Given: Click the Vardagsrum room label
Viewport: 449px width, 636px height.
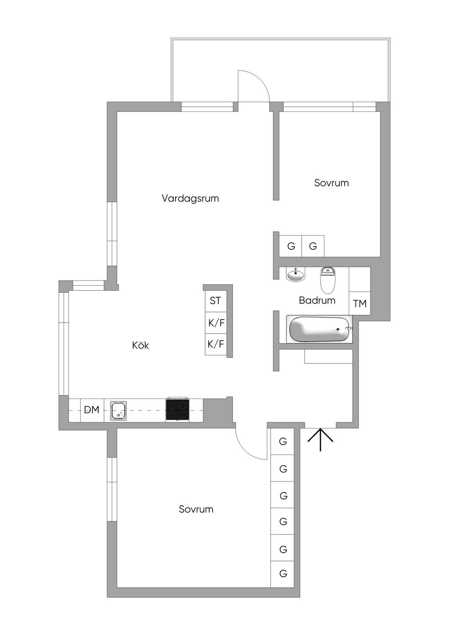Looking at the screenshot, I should coord(190,198).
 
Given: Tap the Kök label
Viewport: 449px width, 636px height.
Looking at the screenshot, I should coord(140,345).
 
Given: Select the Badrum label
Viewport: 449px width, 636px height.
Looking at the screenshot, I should coord(317,301).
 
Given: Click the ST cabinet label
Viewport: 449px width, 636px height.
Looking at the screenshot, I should coord(215,301).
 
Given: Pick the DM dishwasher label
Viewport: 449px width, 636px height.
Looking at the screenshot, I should coord(92,410).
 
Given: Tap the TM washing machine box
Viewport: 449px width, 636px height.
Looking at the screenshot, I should coord(360,303).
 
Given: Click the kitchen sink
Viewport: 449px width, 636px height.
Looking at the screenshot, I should coord(118,411).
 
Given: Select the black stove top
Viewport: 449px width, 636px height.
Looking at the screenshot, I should coord(178,410).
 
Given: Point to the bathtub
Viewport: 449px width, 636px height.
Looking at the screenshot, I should coord(320,329).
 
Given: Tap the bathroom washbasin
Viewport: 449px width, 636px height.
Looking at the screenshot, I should coord(296,275).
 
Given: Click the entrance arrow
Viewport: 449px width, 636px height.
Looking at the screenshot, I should coord(321,439).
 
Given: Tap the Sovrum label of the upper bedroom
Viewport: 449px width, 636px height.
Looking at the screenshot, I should coord(331,183).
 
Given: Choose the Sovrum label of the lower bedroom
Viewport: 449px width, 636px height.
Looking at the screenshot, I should coord(196,509).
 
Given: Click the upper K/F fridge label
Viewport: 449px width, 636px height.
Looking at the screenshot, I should coord(216,323).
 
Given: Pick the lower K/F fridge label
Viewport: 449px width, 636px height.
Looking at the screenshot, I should coord(216,344).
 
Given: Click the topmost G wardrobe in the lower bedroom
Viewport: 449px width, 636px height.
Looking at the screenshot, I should coord(283,442).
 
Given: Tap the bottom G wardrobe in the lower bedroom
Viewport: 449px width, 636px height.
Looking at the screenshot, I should coord(283,573).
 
